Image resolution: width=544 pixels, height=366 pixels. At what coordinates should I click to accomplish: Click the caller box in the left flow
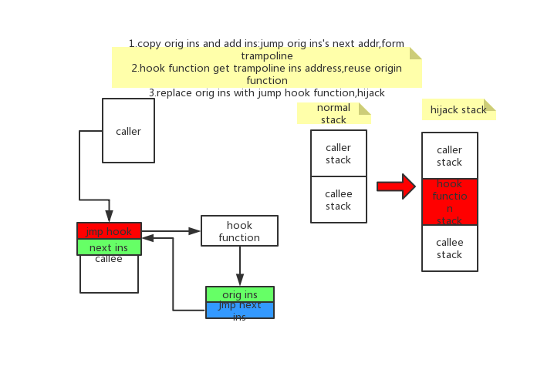(128, 130)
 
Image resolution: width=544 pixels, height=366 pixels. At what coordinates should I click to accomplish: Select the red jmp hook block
(109, 231)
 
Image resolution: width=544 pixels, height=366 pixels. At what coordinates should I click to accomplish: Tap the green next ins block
(109, 247)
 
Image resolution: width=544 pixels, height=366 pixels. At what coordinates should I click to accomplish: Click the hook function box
(239, 231)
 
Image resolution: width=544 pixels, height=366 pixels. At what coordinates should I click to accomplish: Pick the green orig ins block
(239, 294)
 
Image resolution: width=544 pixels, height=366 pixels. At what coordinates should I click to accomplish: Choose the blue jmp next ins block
(239, 310)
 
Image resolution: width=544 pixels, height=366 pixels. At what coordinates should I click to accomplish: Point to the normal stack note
(333, 113)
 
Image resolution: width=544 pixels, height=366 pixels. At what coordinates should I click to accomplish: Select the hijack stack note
(458, 109)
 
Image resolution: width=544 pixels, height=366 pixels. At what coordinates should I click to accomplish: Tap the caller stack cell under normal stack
(338, 153)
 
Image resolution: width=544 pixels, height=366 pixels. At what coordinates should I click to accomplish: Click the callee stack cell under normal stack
(338, 200)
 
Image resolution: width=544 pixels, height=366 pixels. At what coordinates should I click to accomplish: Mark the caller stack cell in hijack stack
(449, 156)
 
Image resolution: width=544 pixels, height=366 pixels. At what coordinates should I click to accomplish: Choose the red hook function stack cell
(449, 202)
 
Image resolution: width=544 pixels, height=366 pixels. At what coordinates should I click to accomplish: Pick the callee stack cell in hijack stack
(449, 248)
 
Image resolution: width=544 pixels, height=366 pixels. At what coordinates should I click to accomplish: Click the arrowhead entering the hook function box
(195, 230)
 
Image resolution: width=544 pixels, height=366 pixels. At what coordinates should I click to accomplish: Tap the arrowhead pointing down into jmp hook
(109, 216)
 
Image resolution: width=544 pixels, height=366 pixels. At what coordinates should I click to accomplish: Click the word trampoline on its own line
(266, 56)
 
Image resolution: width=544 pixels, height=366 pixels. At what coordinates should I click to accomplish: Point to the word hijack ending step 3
(371, 92)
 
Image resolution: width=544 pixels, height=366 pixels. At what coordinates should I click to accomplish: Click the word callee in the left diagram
(109, 259)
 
